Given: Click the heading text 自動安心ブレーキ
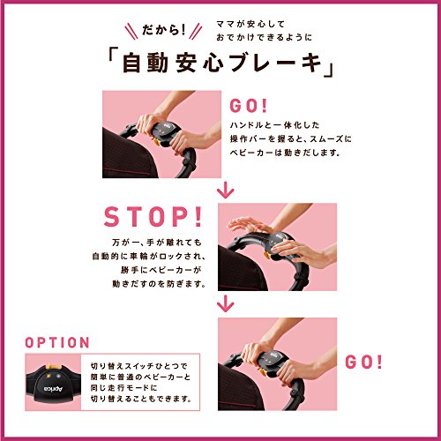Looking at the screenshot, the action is coord(221,64).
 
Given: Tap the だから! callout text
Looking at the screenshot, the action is coord(163,30).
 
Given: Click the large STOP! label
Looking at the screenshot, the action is coord(153,217).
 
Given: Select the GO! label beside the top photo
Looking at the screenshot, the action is coord(248,106).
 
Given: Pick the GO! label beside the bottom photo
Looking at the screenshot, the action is coord(363,362).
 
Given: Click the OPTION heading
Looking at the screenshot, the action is coord(57,343).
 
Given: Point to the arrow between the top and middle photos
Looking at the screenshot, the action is coord(226,191).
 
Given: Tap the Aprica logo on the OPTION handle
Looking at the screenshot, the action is coord(53,389).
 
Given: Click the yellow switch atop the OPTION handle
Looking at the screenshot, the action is coord(53,367).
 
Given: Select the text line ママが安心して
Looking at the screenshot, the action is coord(250,24).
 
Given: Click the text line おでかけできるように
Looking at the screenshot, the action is coord(264,38).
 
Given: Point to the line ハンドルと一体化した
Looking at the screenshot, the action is coord(274,125).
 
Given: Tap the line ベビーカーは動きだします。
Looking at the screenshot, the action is coord(285,153).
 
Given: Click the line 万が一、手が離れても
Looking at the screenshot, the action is coord(157,243).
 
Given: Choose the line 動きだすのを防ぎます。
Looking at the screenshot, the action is coord(159,284).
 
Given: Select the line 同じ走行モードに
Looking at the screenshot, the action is coord(123,388).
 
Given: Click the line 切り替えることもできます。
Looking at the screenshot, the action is coord(141,399).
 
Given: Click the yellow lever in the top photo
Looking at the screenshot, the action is coord(155,142).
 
